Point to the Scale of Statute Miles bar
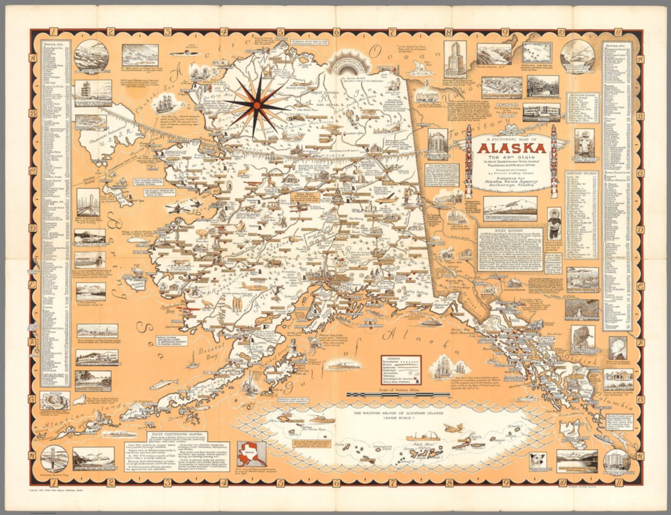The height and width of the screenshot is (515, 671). click(398, 395)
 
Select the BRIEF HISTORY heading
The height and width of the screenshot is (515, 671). click(510, 229)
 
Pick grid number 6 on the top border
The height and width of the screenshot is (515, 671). click(336, 31)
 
